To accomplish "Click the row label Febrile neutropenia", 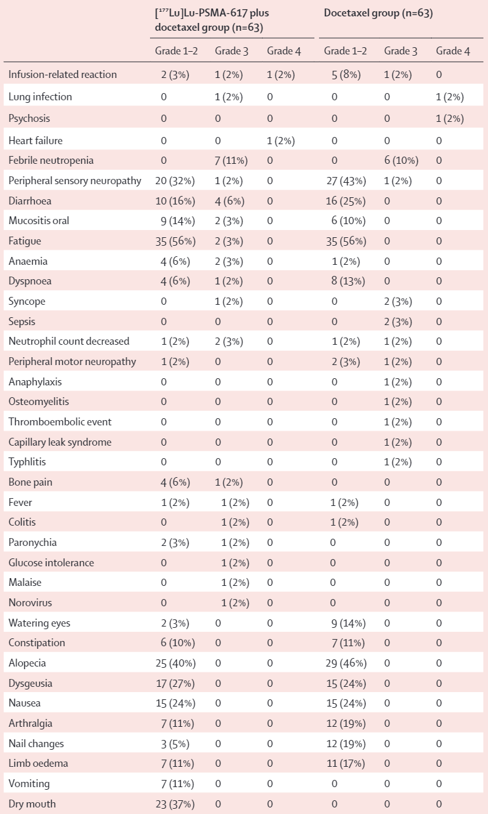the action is tap(51, 161).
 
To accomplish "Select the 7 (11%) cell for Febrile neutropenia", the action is tap(231, 161).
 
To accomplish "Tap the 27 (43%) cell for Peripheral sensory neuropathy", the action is tap(346, 181).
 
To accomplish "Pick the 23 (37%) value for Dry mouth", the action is tap(175, 804).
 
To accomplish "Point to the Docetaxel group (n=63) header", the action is tap(379, 13).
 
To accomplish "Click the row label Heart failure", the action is tap(35, 141).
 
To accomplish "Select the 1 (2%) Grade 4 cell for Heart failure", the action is tap(280, 141).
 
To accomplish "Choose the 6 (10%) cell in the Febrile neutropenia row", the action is tap(402, 161).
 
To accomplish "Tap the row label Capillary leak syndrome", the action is tap(60, 442).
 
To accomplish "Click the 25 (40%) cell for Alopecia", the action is tap(176, 663).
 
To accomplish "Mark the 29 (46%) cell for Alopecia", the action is tap(346, 663).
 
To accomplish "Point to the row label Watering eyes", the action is tap(39, 623).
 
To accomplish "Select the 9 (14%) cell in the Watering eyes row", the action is tap(348, 623).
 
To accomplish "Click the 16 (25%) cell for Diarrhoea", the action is tap(346, 201).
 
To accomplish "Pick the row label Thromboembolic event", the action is tap(60, 422).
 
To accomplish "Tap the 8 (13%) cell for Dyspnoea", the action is tap(348, 281).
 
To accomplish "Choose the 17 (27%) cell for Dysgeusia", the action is tap(176, 684).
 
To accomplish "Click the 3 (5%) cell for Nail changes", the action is tap(175, 744).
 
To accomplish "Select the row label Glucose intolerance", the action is tap(51, 563).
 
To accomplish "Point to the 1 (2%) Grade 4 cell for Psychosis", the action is tap(450, 119).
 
